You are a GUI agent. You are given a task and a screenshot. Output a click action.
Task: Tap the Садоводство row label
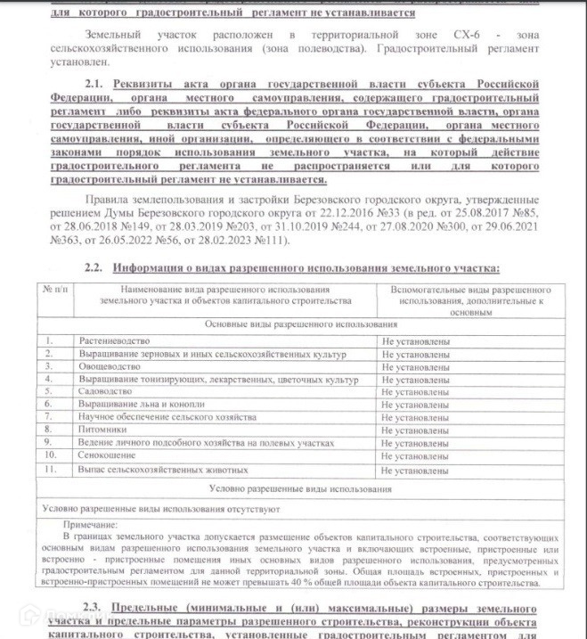point(106,391)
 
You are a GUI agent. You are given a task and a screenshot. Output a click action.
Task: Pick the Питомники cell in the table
point(102,430)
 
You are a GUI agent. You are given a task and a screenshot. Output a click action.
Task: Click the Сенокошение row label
point(107,455)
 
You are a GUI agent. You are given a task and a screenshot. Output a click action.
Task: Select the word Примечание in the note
point(90,525)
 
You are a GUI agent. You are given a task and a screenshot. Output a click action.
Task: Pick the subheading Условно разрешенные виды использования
point(300,488)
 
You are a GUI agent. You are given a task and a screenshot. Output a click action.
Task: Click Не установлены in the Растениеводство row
point(415,341)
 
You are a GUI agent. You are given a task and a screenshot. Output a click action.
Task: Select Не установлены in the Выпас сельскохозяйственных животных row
point(415,469)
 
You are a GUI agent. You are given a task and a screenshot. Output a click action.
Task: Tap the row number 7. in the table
point(50,417)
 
